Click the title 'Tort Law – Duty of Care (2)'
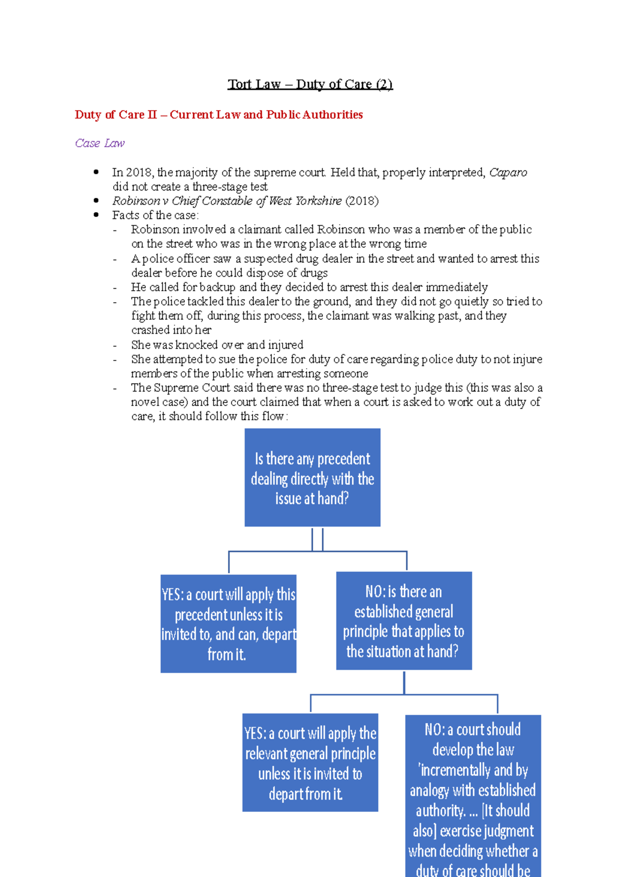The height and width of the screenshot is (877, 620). (x=310, y=84)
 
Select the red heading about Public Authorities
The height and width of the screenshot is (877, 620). (x=219, y=115)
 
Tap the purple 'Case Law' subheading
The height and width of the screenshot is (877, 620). (x=100, y=143)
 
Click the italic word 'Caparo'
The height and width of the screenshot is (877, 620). (x=508, y=173)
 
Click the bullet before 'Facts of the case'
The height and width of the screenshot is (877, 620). (x=96, y=215)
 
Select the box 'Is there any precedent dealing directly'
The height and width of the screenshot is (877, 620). (x=312, y=478)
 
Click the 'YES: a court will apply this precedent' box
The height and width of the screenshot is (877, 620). (x=228, y=623)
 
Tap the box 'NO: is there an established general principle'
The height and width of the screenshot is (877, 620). (x=404, y=621)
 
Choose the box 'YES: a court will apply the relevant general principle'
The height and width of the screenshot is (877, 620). (x=310, y=762)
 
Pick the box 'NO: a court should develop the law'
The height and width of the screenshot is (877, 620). (x=473, y=795)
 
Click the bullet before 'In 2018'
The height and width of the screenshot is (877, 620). (x=96, y=172)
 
